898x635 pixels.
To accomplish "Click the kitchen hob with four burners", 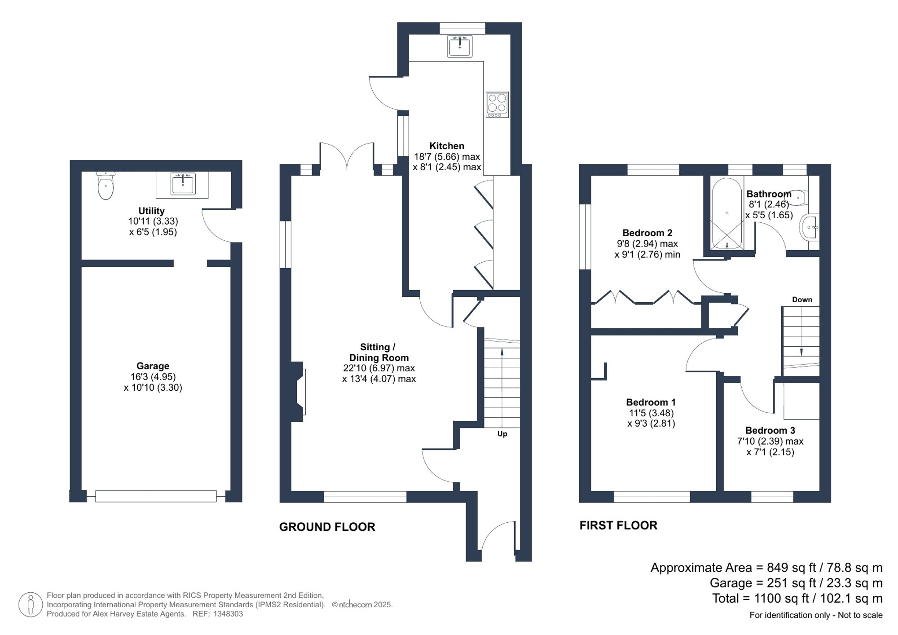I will [497, 105].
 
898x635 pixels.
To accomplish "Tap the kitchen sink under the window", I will [460, 46].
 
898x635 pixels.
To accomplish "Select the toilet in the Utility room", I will [106, 185].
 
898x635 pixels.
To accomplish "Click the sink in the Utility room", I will [183, 185].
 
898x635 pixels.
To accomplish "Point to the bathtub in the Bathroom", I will [727, 213].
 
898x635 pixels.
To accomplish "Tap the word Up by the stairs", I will [502, 434].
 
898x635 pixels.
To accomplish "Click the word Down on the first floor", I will [802, 300].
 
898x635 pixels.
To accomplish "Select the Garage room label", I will [153, 366].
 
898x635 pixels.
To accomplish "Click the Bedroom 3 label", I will [770, 430].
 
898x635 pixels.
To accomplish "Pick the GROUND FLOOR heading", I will [327, 527].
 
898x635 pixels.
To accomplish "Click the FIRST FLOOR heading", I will [618, 525].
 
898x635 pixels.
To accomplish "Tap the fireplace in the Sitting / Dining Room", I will [299, 392].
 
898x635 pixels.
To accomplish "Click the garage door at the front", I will [156, 496].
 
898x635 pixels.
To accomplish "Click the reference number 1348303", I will [228, 614].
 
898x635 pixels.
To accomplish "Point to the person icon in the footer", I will [31, 604].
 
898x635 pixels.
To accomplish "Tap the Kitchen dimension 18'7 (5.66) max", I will [446, 157].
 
